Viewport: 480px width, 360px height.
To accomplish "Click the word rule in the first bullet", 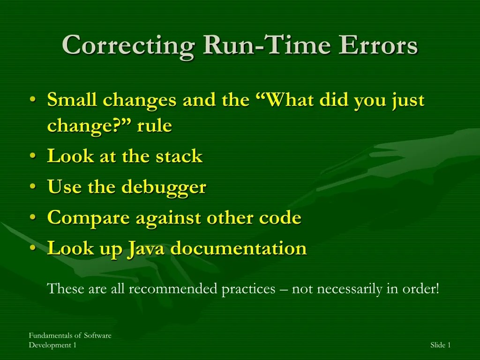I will (x=154, y=126).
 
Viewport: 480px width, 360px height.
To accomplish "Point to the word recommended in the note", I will (x=172, y=289).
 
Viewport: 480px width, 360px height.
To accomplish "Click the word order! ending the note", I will (x=420, y=289).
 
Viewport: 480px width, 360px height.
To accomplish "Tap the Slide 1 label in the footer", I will (x=440, y=345).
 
